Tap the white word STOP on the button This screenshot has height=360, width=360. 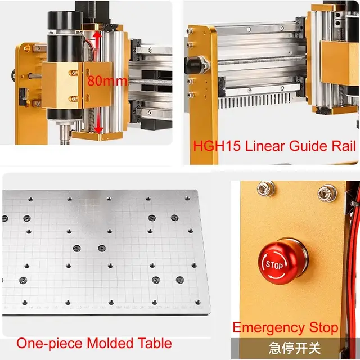pyautogui.click(x=274, y=264)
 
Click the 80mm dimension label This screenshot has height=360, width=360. pyautogui.click(x=107, y=80)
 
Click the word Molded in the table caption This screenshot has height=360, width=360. pyautogui.click(x=111, y=343)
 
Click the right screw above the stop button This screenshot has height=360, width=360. pyautogui.click(x=325, y=193)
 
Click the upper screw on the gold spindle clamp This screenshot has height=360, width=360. pyautogui.click(x=72, y=71)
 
